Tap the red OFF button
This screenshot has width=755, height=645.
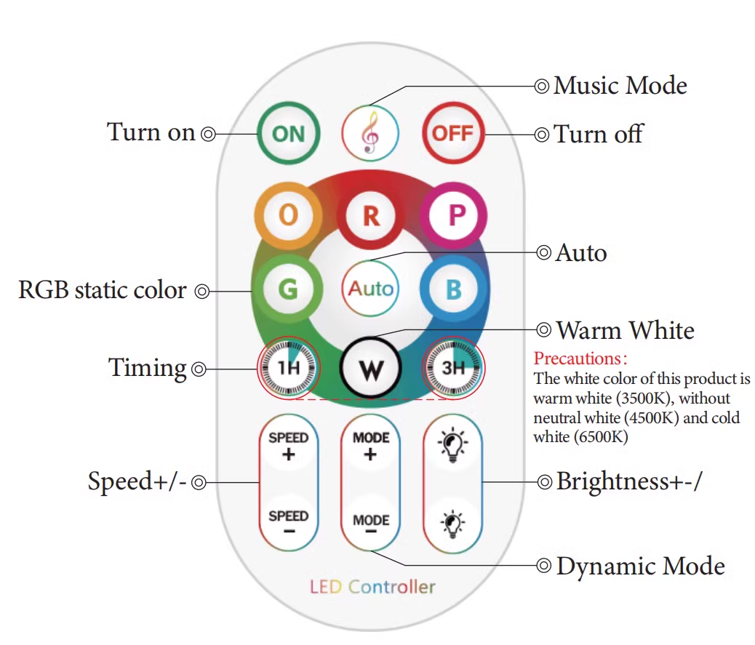pos(453,133)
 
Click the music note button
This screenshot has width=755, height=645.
pos(370,133)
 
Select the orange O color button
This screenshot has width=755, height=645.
pos(288,215)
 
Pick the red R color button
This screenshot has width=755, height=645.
pos(371,216)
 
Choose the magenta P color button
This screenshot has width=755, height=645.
pos(454,215)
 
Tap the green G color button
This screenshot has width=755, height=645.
pos(288,289)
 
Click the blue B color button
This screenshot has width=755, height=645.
pos(453,289)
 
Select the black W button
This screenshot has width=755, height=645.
pos(370,368)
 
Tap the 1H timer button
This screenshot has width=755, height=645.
pos(288,368)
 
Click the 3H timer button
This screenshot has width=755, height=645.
pos(453,368)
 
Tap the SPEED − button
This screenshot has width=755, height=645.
pos(289,521)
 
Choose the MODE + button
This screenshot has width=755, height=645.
pos(370,445)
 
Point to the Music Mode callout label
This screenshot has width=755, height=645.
pos(620,86)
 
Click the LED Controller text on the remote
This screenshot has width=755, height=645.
pos(372,586)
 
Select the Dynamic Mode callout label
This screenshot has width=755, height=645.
pos(640,566)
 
